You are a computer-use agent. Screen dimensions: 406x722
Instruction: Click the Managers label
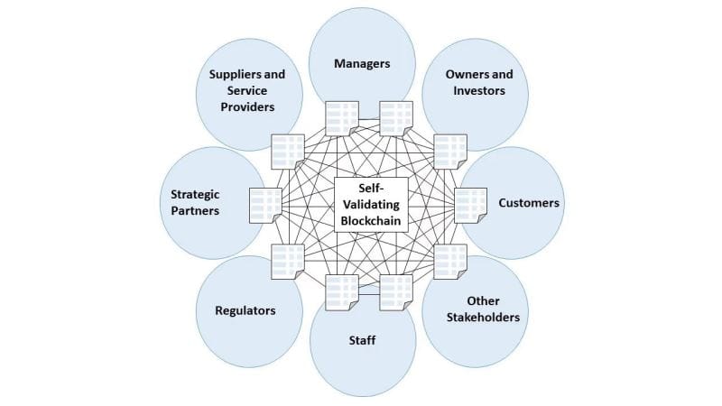(362, 64)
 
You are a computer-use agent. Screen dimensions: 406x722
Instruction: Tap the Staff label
(362, 340)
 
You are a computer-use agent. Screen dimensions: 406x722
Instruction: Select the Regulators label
(245, 310)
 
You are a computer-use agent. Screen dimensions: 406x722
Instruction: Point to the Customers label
(529, 202)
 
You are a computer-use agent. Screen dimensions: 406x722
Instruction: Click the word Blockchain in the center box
(371, 219)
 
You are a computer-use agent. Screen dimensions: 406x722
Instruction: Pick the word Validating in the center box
(371, 204)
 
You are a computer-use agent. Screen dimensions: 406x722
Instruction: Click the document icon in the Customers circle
(469, 204)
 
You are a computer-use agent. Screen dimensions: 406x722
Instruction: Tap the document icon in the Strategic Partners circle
(264, 204)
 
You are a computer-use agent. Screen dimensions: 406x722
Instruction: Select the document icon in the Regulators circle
(287, 261)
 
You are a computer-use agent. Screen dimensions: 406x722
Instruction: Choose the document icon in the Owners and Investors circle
(448, 150)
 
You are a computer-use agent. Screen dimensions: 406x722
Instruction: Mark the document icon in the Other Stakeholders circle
(449, 261)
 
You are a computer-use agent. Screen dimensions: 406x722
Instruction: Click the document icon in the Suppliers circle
(287, 151)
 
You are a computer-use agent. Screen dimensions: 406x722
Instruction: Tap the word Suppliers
(224, 74)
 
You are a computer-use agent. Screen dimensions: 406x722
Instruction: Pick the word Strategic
(195, 194)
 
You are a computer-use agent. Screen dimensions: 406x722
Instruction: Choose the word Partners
(195, 211)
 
